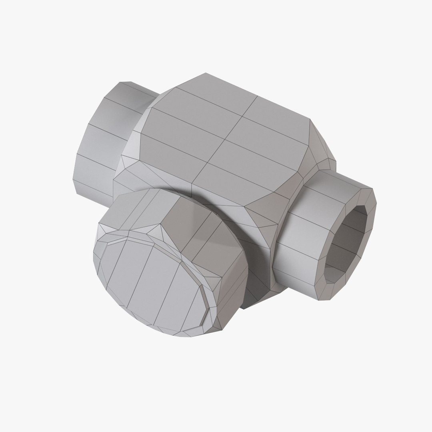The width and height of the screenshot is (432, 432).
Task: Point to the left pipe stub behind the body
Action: click(x=104, y=136)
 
